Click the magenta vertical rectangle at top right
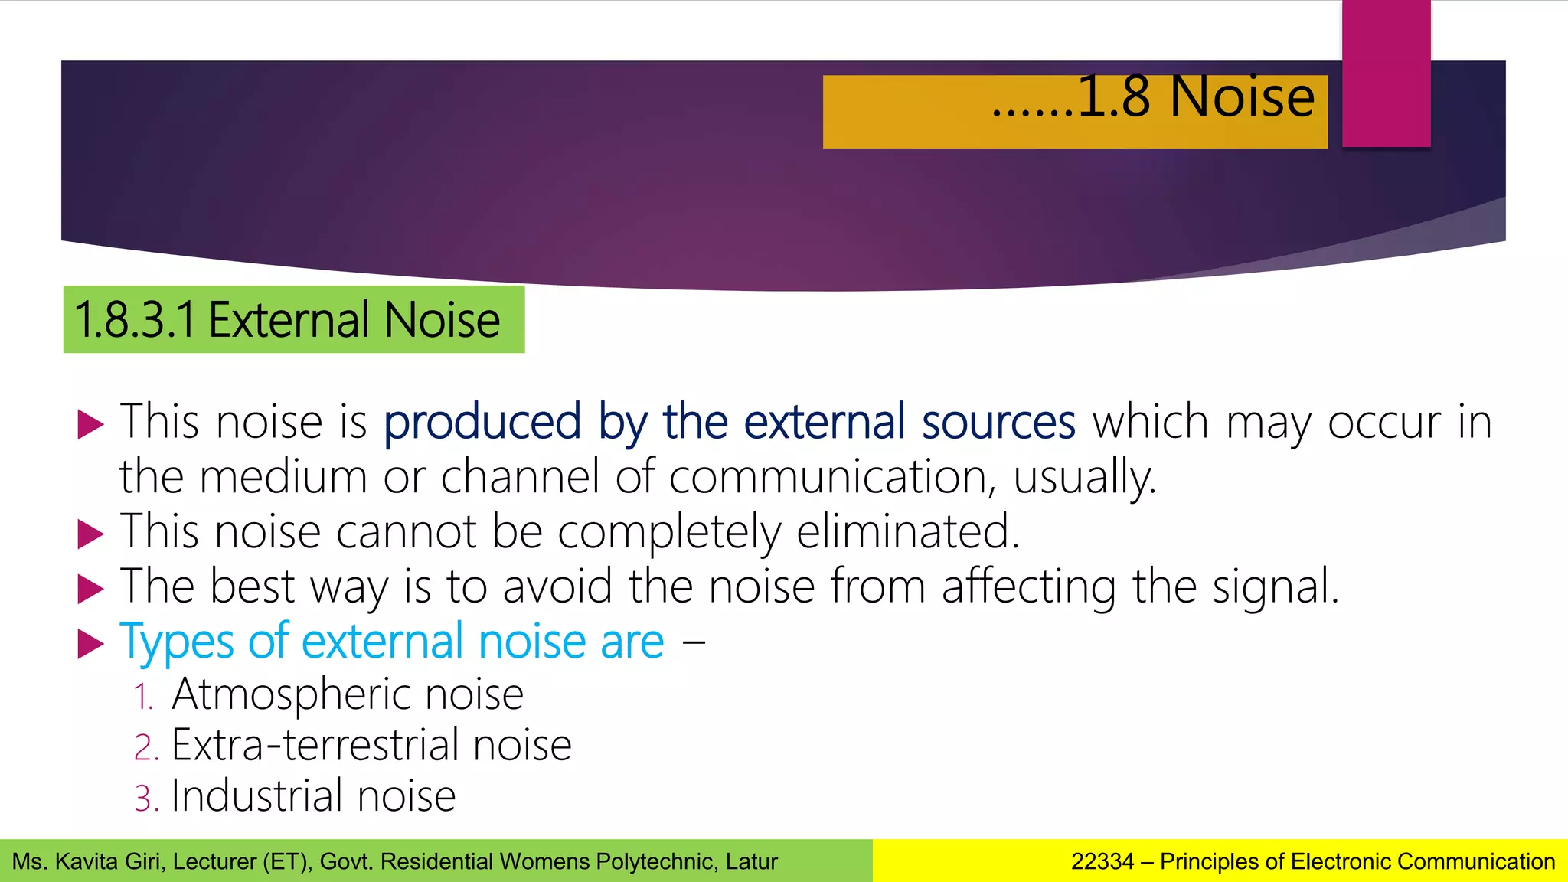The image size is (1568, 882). pyautogui.click(x=1386, y=73)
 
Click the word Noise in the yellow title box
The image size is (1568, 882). pyautogui.click(x=1242, y=97)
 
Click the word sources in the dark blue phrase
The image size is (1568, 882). pyautogui.click(x=998, y=422)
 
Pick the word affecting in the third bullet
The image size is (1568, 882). pyautogui.click(x=1028, y=587)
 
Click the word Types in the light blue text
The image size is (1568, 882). pyautogui.click(x=176, y=642)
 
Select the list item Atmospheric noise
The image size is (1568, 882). pyautogui.click(x=348, y=694)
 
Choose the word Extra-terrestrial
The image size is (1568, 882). pyautogui.click(x=314, y=745)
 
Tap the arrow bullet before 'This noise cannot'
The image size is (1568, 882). pyautogui.click(x=90, y=534)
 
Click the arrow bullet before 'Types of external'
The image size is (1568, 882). pyautogui.click(x=90, y=644)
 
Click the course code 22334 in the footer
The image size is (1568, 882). pyautogui.click(x=1102, y=862)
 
